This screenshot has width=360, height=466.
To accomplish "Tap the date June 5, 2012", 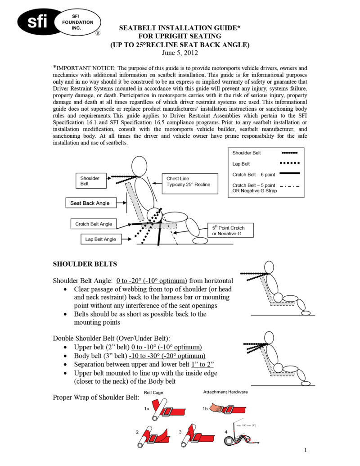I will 180,53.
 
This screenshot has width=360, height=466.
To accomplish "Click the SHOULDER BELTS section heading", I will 85,264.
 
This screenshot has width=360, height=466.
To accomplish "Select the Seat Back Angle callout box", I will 90,203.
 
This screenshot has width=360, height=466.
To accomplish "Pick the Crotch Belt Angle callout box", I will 94,224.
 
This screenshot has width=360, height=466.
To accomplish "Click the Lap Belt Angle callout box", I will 100,239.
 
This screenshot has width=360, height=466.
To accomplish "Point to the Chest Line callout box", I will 188,182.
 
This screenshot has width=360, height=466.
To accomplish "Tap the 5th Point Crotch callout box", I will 231,231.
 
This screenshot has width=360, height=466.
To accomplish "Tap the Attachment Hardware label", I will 225,392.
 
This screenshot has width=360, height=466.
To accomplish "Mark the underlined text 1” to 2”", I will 201,364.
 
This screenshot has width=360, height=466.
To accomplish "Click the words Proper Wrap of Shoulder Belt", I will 96,398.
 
